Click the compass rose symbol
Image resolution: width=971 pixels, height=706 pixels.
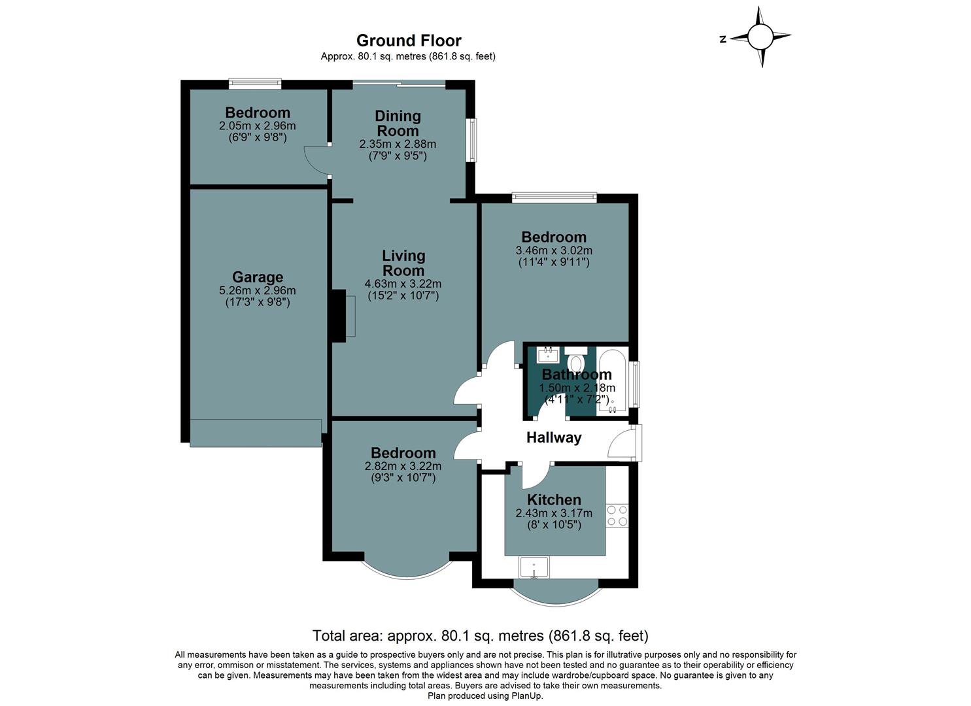760,37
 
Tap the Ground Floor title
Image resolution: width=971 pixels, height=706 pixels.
409,41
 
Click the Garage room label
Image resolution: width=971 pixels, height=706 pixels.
258,277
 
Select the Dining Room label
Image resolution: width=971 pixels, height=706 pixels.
398,123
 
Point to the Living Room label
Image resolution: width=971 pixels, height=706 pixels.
403,263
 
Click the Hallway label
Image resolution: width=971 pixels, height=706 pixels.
554,438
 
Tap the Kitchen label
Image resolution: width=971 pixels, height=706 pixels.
554,500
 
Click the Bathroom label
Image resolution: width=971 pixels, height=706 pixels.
577,375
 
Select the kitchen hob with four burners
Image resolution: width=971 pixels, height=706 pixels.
617,515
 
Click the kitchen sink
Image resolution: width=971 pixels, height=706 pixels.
534,567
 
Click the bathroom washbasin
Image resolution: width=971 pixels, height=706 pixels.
547,355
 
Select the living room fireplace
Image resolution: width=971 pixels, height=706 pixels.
340,316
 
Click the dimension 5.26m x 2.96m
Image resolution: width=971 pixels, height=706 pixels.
258,291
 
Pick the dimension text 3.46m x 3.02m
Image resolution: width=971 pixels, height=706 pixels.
554,250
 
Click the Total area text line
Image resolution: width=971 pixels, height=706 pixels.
481,635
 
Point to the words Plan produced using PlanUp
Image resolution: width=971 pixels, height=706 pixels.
485,696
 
